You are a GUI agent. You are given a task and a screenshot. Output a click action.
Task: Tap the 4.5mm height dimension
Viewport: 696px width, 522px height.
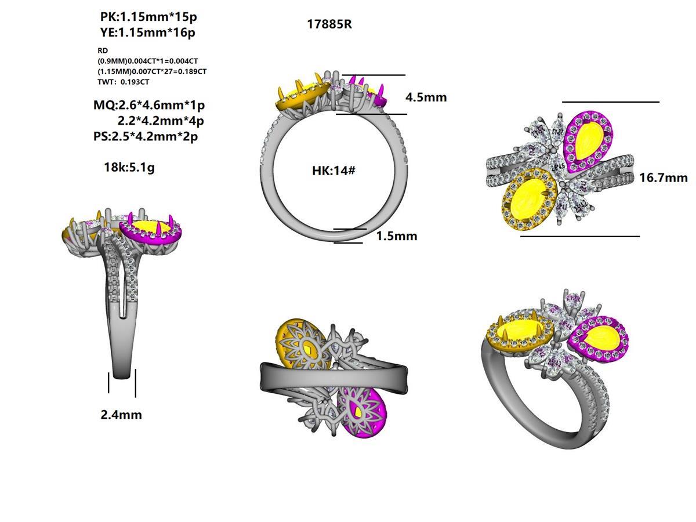[x=426, y=97]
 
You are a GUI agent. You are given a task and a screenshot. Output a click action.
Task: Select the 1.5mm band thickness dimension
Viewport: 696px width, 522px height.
[x=396, y=236]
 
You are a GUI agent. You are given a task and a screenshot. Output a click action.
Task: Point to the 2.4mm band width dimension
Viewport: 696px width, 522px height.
[x=121, y=415]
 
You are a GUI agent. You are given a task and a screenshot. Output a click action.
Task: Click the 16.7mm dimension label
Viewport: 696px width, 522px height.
[x=663, y=177]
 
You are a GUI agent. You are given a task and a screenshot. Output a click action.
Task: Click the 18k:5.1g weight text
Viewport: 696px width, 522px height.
[x=129, y=168]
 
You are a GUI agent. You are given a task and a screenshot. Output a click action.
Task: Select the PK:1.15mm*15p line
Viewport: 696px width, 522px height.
[x=144, y=17]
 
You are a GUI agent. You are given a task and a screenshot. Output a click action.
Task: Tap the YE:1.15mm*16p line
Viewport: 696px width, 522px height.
[x=147, y=32]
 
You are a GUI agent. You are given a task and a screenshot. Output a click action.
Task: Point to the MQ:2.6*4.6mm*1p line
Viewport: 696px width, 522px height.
[x=149, y=105]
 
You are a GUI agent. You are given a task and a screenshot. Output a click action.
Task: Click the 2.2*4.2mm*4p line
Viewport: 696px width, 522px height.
[x=160, y=121]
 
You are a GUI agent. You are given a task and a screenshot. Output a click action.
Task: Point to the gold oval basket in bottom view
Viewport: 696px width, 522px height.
[x=303, y=347]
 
